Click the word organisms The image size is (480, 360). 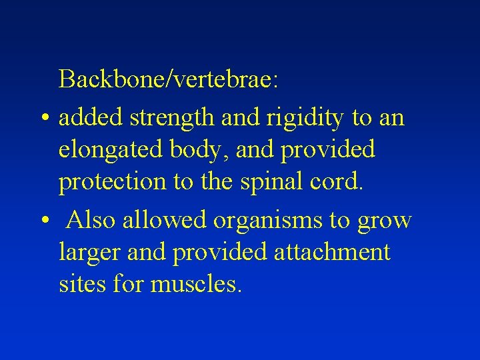click(271, 219)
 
